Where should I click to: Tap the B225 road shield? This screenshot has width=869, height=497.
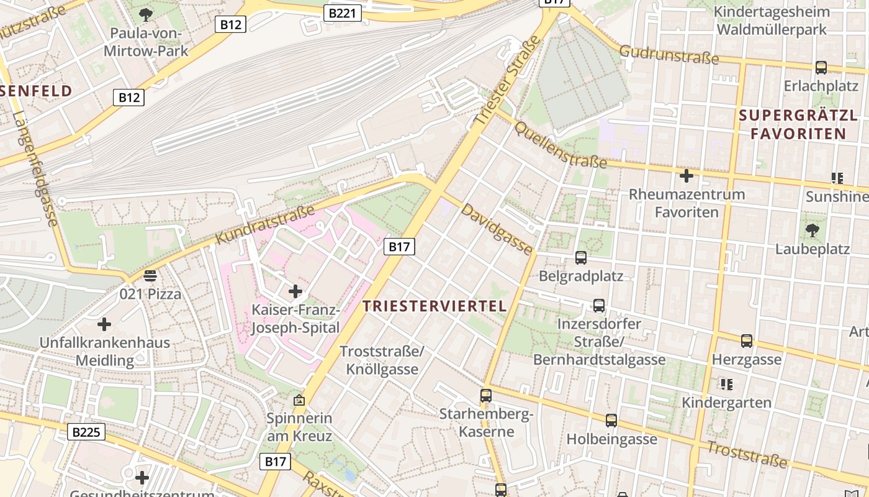click(x=86, y=432)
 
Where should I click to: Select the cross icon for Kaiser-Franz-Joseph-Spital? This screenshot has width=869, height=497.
click(x=295, y=291)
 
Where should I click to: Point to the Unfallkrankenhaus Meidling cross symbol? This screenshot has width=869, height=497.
click(x=104, y=324)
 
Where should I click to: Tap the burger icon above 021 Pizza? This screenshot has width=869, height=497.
click(x=150, y=275)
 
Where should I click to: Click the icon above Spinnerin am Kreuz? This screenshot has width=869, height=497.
click(x=299, y=400)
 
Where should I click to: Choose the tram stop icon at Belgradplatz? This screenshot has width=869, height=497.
click(x=581, y=257)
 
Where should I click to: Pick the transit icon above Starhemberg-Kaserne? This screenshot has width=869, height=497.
click(x=486, y=395)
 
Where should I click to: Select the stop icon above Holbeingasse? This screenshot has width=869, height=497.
click(x=611, y=421)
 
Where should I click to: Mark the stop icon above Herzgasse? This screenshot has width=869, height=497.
click(x=747, y=341)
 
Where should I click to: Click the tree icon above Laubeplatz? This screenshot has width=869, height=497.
click(x=812, y=231)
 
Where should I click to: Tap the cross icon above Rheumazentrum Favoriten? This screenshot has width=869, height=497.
click(x=686, y=176)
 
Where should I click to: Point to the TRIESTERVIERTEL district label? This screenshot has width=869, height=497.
click(x=434, y=306)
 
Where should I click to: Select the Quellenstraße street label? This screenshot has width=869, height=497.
click(x=560, y=145)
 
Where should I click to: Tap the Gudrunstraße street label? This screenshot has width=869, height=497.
click(x=669, y=55)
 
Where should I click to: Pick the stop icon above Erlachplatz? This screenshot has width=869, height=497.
click(x=821, y=67)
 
